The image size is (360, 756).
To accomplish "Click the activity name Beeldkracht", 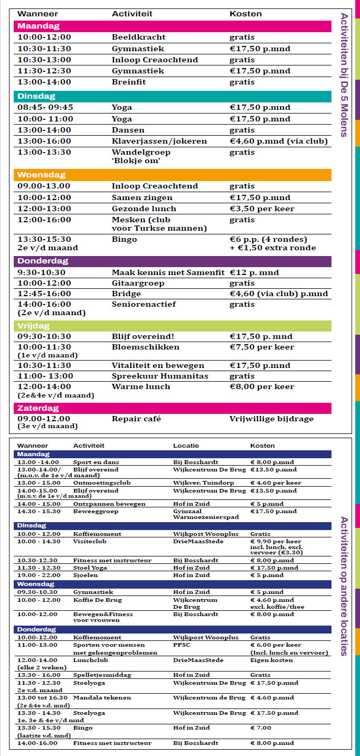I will click(x=138, y=37).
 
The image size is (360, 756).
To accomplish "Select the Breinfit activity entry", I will click(x=128, y=82).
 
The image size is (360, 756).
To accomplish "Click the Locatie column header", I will click(x=186, y=446).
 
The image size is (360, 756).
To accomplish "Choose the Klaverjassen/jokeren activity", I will click(x=159, y=141).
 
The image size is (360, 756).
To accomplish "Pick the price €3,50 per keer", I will click(x=262, y=209).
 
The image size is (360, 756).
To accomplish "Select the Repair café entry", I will click(x=136, y=419).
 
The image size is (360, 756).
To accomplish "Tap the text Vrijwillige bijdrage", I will click(x=271, y=419).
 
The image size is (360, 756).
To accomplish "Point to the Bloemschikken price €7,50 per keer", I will click(x=262, y=347).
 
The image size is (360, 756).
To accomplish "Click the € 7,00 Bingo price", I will click(x=261, y=728).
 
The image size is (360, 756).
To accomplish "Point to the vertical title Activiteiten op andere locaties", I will click(x=344, y=586).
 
